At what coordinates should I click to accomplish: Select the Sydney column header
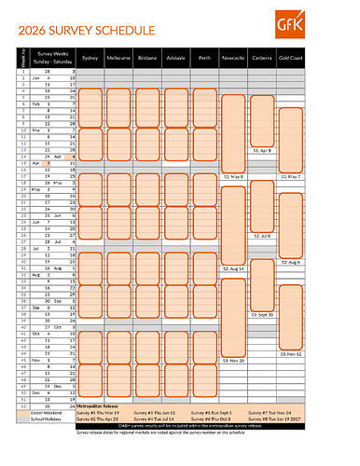90,57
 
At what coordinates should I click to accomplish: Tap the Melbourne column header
118,57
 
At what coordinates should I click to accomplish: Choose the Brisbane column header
146,57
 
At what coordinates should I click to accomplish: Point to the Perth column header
203,57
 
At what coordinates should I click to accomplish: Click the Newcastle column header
233,57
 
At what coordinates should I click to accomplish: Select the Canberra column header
263,57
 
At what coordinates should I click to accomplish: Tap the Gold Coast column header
292,57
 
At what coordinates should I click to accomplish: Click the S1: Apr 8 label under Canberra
263,149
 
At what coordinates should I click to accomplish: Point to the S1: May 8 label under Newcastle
233,176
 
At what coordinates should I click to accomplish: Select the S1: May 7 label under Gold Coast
292,176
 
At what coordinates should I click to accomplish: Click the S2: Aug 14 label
233,268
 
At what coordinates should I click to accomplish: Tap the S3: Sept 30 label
263,315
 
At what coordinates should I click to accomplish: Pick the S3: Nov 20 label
233,361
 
